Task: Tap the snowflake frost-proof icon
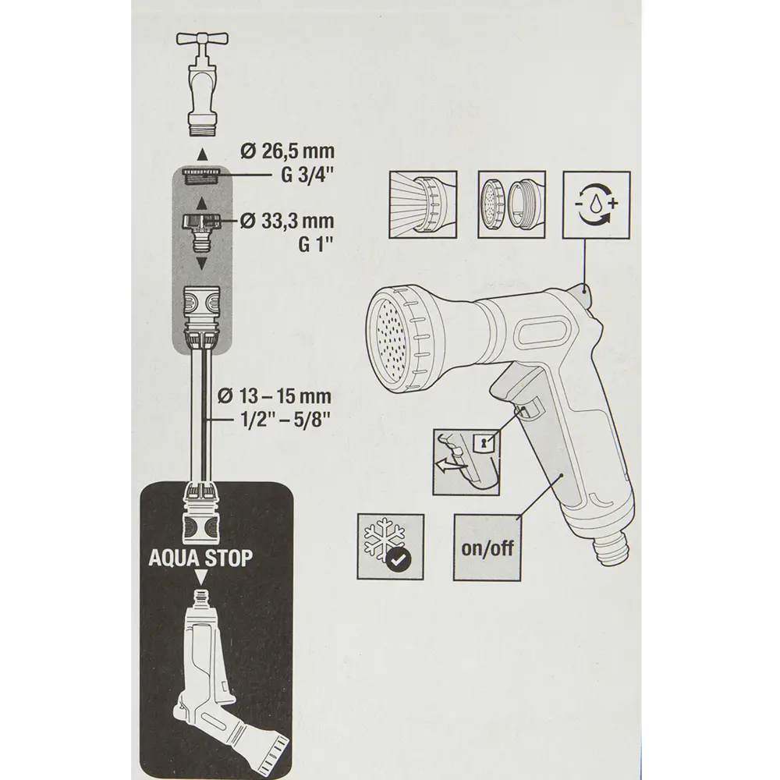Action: pyautogui.click(x=391, y=546)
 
